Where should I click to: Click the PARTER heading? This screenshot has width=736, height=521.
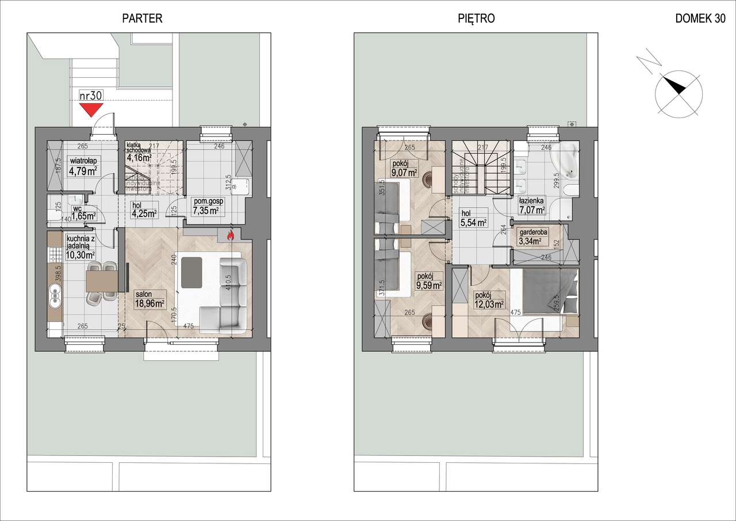coord(143,18)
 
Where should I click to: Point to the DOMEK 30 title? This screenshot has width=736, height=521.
coord(700,18)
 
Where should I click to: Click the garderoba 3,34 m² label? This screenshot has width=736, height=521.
coord(532,236)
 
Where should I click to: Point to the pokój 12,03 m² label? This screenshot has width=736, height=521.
coord(488,300)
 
